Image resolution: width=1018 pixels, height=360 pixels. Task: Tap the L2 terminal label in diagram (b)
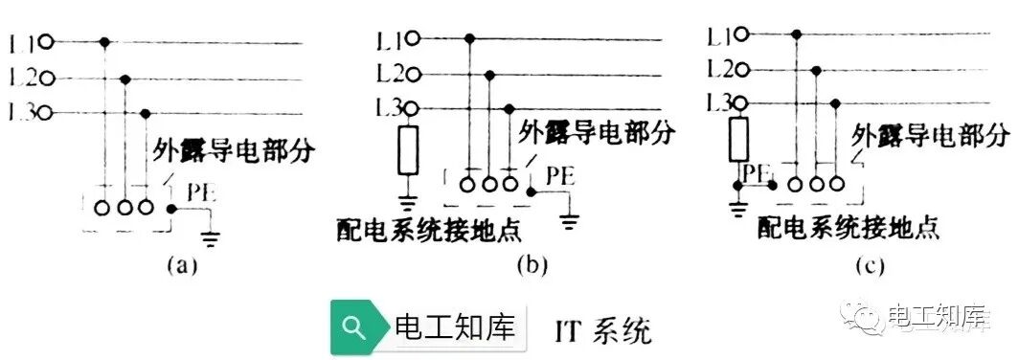(x=391, y=73)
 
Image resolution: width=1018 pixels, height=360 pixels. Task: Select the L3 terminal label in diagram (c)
(x=720, y=101)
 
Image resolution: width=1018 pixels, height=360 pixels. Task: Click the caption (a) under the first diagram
(x=181, y=265)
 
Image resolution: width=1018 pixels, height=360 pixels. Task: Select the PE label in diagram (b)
(x=560, y=176)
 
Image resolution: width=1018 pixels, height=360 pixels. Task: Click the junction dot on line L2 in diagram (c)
(x=815, y=69)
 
